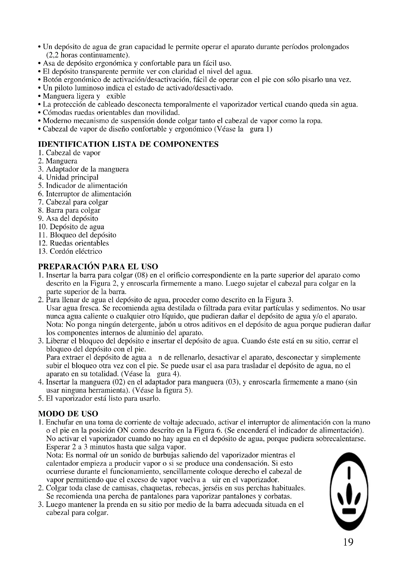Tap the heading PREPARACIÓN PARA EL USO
click(98, 267)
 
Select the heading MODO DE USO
click(68, 414)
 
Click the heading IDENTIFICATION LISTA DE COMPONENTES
click(128, 144)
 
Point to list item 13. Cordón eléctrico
click(70, 252)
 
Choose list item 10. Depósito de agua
click(71, 227)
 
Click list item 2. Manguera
click(58, 161)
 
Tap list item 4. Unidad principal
click(68, 177)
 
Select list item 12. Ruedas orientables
click(73, 243)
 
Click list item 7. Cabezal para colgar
click(73, 202)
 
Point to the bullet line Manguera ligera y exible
click(84, 96)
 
